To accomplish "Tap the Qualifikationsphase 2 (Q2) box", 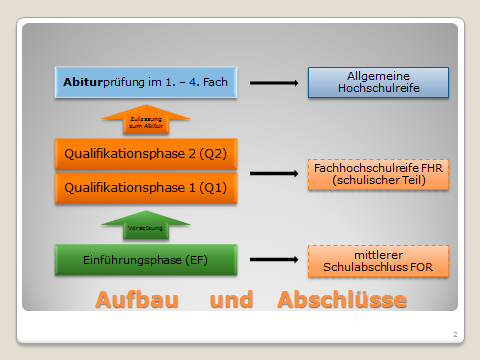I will click(x=146, y=155).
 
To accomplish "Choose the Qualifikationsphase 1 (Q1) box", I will click(x=146, y=188).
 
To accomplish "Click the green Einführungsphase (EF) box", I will click(x=146, y=260).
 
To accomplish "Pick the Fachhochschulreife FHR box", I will click(x=378, y=175).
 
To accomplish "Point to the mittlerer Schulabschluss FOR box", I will click(x=378, y=261).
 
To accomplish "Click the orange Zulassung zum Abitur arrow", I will click(x=146, y=120).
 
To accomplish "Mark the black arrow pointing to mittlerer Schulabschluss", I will click(x=274, y=260).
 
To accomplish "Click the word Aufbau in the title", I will click(x=140, y=300).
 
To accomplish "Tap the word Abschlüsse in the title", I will click(x=342, y=300).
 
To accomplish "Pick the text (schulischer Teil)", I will click(x=378, y=182).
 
